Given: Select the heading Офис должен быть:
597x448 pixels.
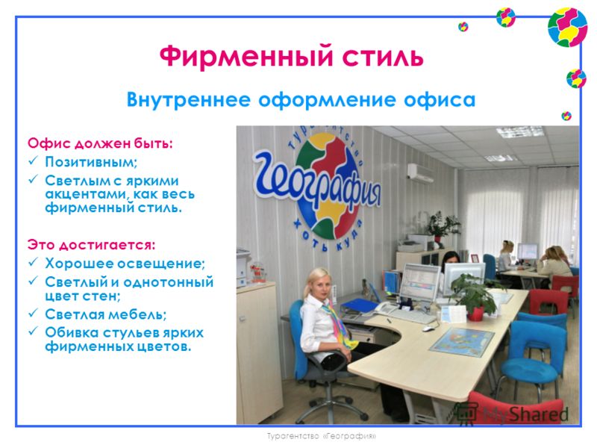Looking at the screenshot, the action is (100, 143).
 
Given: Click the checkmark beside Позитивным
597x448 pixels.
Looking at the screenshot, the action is (33, 161).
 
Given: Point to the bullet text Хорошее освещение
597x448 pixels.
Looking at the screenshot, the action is (125, 264).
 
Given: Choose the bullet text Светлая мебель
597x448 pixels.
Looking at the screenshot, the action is (106, 314).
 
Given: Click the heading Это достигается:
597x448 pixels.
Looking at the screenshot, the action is (91, 245).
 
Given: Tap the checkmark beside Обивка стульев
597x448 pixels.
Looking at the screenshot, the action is (33, 331).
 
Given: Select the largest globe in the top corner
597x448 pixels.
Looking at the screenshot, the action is (567, 28).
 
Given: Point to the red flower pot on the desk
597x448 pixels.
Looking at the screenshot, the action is (475, 314).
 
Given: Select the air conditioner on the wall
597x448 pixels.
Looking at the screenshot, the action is (420, 172).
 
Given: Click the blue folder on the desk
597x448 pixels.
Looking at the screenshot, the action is (360, 305).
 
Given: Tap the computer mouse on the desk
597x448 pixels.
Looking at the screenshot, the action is (428, 329).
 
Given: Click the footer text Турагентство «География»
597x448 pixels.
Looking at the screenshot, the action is (321, 436).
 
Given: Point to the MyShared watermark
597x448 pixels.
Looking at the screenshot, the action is (513, 414).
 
